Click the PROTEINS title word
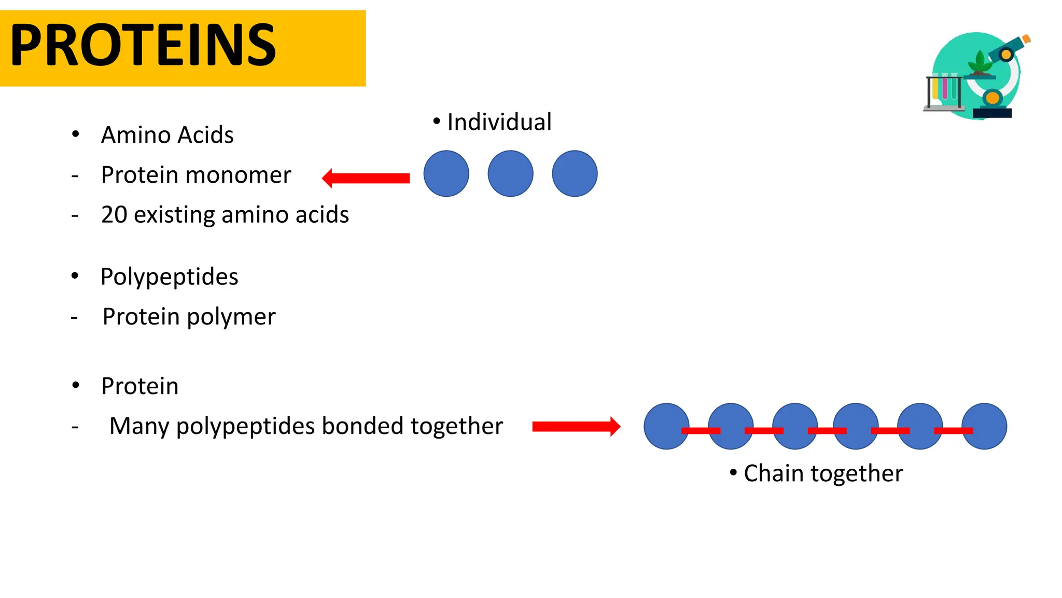coord(143,46)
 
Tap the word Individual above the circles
coord(499,123)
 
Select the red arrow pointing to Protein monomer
coord(366,178)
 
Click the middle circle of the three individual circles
coord(510,173)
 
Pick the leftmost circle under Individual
coord(446,173)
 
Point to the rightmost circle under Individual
coord(575,173)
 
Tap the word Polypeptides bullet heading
coord(169,277)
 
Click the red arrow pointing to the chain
coord(576,426)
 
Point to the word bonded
coord(362,426)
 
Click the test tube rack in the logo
coord(944,93)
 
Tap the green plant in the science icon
coord(980,64)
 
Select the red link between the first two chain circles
coord(701,430)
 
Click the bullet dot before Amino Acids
coord(76,134)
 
